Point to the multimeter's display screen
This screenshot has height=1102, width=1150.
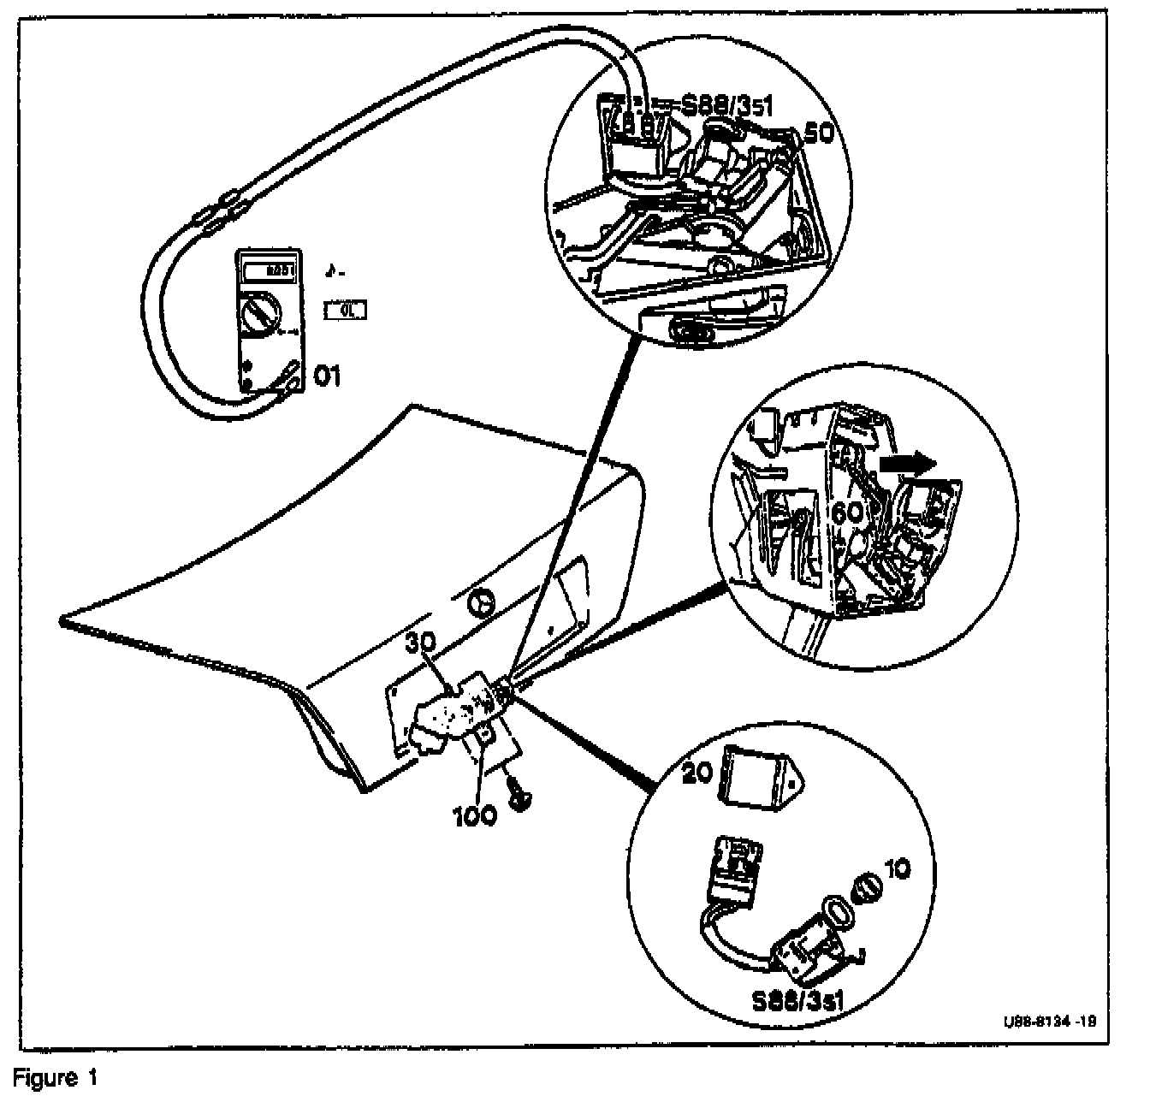[x=270, y=271]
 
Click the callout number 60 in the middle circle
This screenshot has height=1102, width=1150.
[x=846, y=514]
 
